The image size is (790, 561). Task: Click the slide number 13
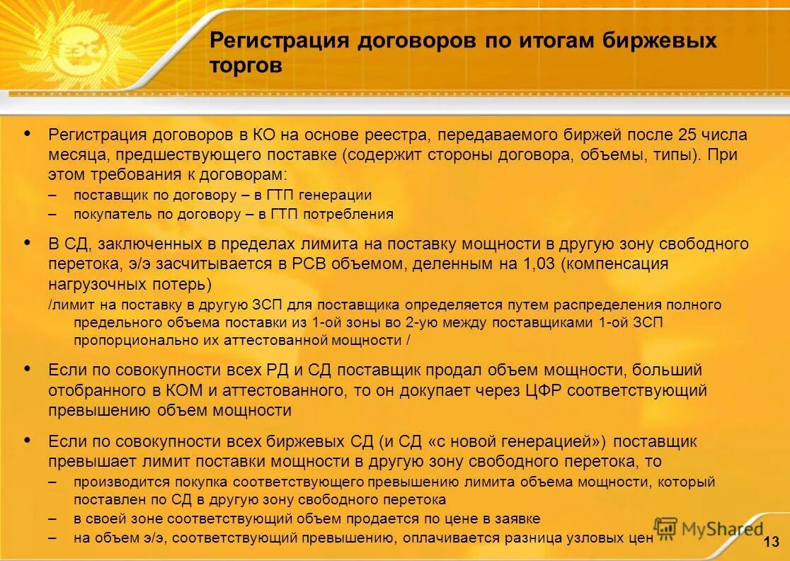pos(772,543)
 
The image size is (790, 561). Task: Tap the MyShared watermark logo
pos(708,528)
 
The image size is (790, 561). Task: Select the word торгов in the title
pos(246,66)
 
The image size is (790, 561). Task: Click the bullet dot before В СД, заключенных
pos(28,243)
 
